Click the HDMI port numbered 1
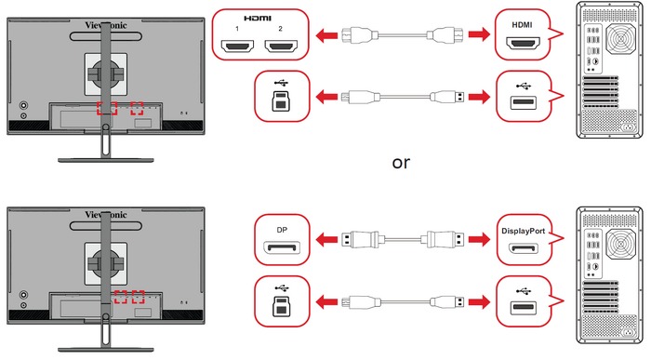tap(237, 46)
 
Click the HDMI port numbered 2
tap(281, 46)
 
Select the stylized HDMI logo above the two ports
tap(258, 19)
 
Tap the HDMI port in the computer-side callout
tap(523, 43)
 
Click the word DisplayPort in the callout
tap(523, 231)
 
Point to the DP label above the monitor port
tap(282, 230)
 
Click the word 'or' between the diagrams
tap(401, 163)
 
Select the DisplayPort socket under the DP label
tap(282, 248)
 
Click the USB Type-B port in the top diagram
tap(281, 101)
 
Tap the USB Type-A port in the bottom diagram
tap(523, 308)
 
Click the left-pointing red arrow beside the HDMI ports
tap(326, 35)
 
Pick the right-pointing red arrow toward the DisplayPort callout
tap(479, 240)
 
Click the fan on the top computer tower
tap(620, 40)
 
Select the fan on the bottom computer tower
tap(620, 245)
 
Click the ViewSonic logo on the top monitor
tap(106, 25)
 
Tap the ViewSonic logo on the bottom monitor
tap(106, 214)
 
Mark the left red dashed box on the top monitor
tap(107, 109)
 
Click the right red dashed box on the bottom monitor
tap(138, 297)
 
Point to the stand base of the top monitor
tap(106, 160)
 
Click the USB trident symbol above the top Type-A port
tap(524, 87)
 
